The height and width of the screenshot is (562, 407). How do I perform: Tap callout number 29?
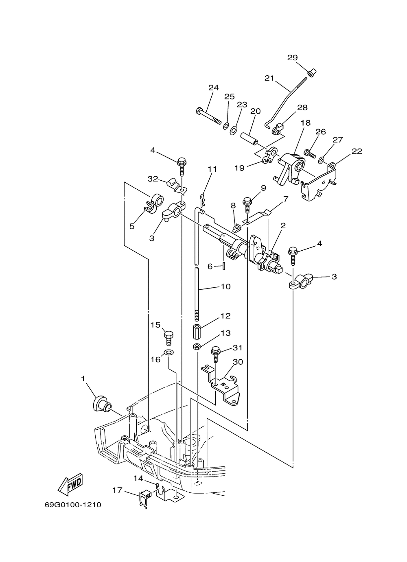292,58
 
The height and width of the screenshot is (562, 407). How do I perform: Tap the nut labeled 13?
197,347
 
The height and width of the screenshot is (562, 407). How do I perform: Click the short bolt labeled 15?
168,338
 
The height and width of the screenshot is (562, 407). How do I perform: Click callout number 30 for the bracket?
238,362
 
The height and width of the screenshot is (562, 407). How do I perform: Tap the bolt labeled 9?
247,206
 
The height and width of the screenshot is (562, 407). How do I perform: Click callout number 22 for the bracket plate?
357,151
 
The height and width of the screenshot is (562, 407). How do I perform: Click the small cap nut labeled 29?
312,73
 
